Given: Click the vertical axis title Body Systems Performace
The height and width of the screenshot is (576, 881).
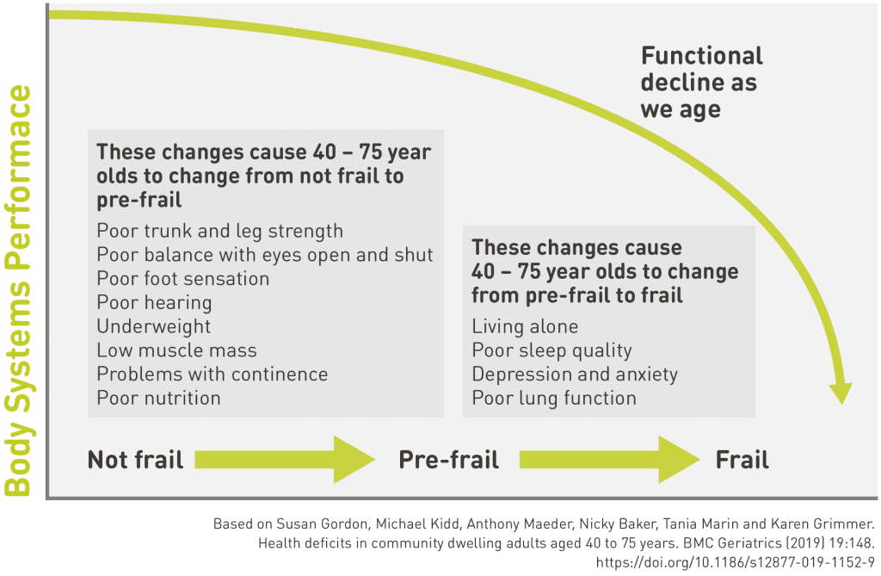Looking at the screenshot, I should coord(18,291).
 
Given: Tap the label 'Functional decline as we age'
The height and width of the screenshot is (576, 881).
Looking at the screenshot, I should coord(701,83).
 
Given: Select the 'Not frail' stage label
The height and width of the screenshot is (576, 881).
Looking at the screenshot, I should coord(136,460).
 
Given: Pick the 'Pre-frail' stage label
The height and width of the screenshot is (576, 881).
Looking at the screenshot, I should coord(448,460).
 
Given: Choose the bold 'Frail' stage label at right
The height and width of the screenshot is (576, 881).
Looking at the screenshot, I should coord(742,460).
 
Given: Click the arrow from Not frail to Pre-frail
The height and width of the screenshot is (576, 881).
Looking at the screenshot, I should coord(284,459).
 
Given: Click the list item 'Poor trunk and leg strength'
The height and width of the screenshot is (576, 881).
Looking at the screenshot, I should coord(219,231).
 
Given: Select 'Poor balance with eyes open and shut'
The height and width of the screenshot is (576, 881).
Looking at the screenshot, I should coord(265,255).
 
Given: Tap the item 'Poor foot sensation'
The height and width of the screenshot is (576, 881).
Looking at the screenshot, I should coord(182,279).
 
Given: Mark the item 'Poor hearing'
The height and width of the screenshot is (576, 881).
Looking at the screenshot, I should coord(154,303).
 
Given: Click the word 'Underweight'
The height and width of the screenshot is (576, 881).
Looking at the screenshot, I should coord(153,326).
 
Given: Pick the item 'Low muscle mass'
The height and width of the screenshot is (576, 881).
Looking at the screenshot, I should coord(176,350).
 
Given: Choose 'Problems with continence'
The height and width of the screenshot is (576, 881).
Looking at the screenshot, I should coord(212,375).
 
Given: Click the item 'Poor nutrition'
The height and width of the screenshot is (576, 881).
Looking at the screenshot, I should coord(158,398).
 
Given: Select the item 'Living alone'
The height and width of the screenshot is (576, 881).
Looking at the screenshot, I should coord(525,326).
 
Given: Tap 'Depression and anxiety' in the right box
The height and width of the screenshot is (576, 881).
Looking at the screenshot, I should coord(575,375).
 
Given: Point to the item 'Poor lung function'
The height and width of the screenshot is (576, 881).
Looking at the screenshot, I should coord(554,398).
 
